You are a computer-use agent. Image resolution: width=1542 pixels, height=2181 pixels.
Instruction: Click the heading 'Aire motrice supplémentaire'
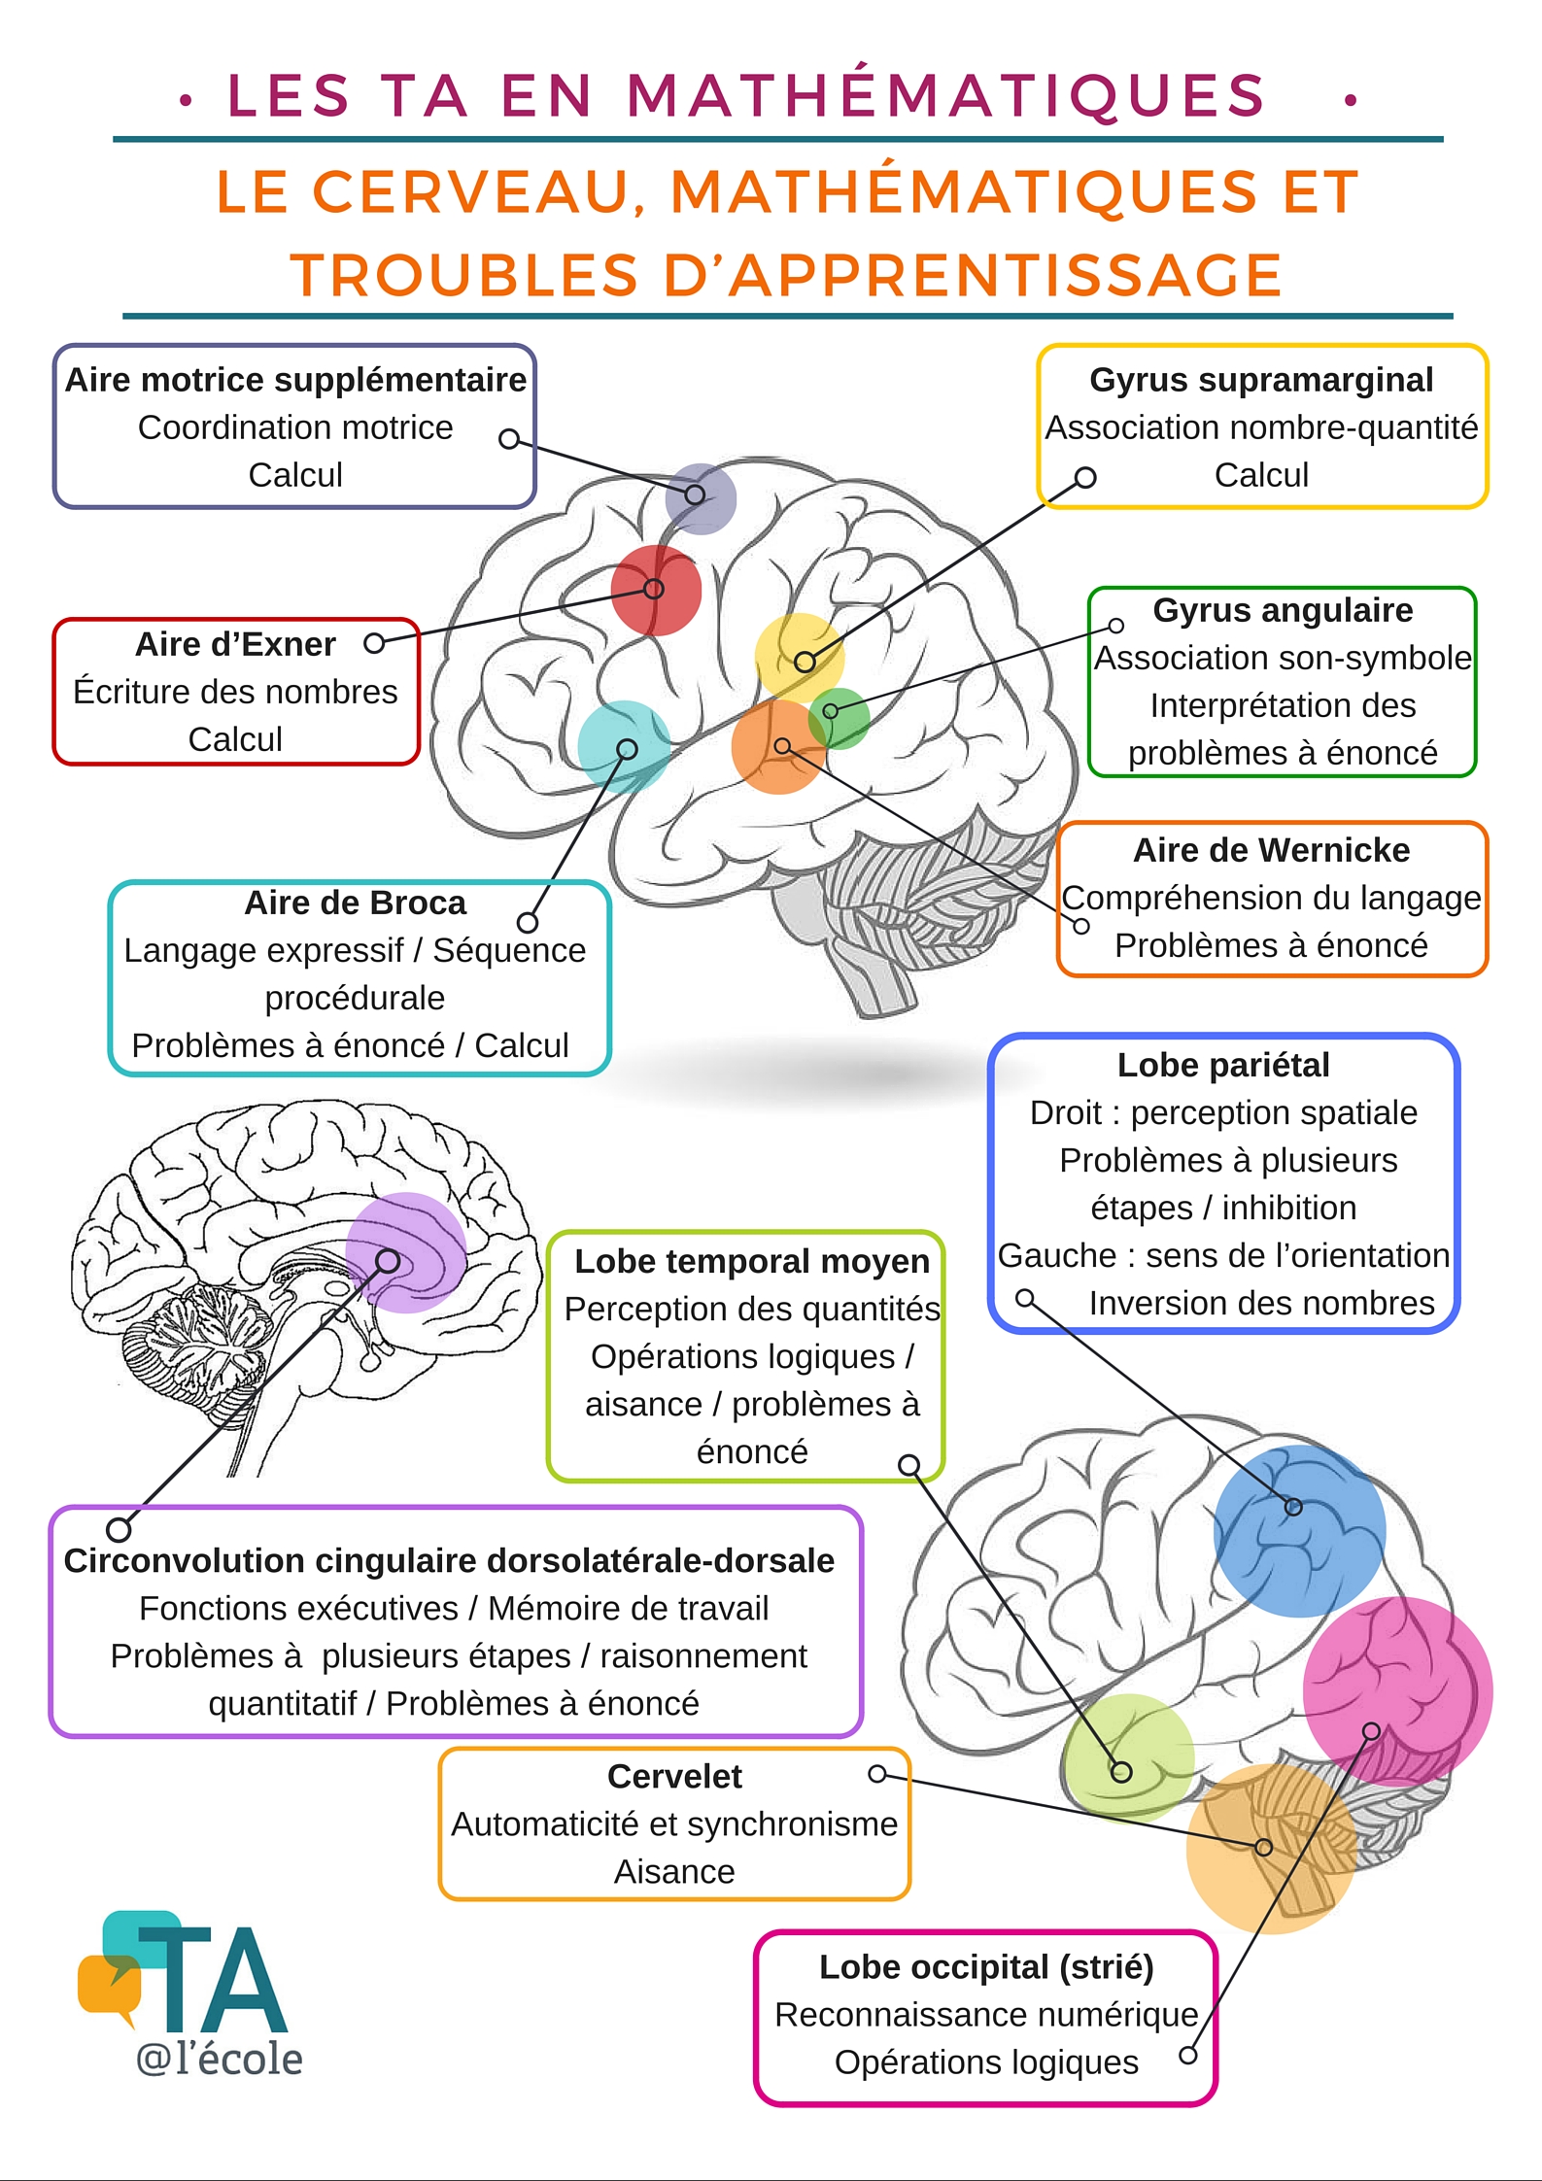(x=295, y=380)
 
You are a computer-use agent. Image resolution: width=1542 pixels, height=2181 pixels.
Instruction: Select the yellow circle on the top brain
(x=799, y=656)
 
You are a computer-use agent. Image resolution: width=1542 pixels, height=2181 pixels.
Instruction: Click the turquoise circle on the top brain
(x=624, y=746)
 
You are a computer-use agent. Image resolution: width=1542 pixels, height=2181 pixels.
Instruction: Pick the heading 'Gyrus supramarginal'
(x=1261, y=380)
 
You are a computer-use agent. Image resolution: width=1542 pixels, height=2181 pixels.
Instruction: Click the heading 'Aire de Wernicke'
(x=1271, y=850)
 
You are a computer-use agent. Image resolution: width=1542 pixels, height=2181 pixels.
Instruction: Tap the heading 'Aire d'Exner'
(x=235, y=644)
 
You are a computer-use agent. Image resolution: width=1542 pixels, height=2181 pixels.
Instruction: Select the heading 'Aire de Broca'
(x=355, y=903)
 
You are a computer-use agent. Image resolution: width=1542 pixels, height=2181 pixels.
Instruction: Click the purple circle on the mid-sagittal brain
(x=406, y=1252)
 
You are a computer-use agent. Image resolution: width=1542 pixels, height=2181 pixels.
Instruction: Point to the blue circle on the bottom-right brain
(x=1299, y=1530)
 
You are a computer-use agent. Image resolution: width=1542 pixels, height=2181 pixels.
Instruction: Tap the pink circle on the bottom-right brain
(x=1397, y=1691)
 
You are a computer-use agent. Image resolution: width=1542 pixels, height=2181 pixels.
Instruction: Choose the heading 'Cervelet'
(x=674, y=1776)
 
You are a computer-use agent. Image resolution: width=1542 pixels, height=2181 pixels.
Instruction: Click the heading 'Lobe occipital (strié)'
(x=986, y=1966)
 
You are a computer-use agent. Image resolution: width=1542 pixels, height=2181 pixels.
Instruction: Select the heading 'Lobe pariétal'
(x=1223, y=1065)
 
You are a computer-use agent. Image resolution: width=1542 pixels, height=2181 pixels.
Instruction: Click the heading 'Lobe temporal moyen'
(x=752, y=1261)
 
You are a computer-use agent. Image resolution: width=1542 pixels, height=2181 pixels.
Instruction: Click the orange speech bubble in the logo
(x=107, y=1982)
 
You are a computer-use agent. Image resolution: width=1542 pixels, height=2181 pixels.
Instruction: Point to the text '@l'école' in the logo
(x=220, y=2059)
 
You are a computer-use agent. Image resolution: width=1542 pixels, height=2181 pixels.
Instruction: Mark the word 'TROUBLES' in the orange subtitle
(x=463, y=275)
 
